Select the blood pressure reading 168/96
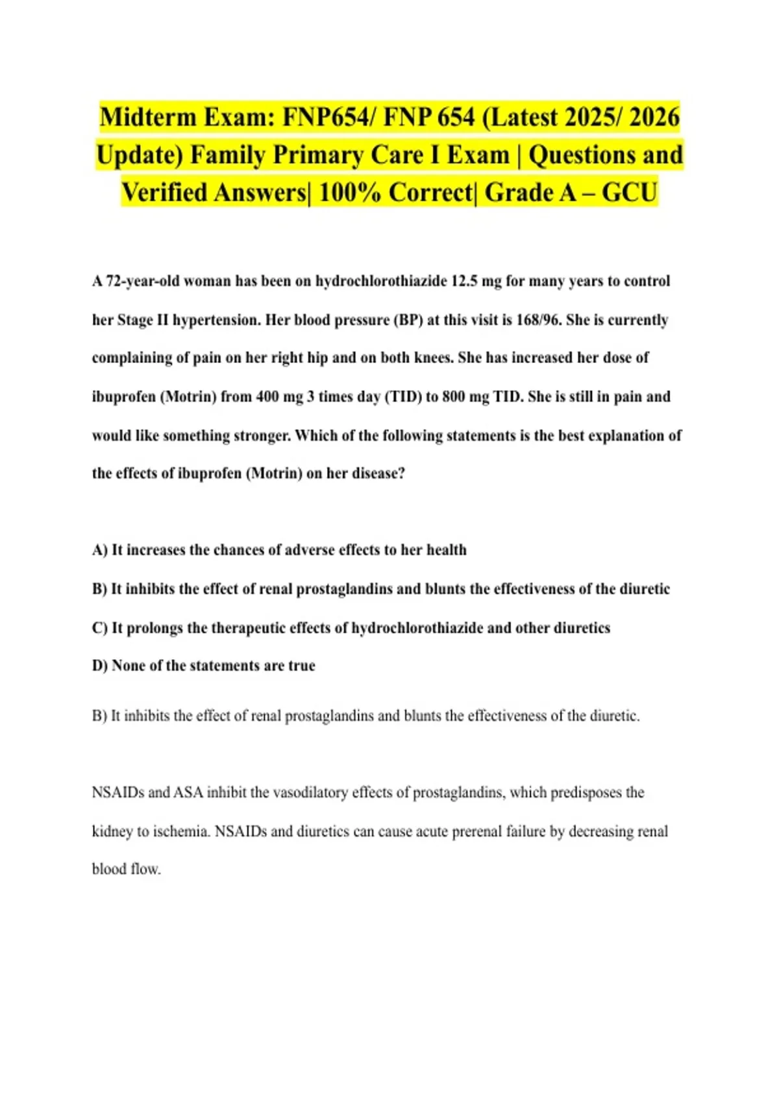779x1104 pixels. pyautogui.click(x=538, y=320)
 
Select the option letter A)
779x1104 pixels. pyautogui.click(x=100, y=550)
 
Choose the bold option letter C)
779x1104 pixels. pyautogui.click(x=100, y=628)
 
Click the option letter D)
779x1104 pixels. pyautogui.click(x=100, y=666)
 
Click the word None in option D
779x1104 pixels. pyautogui.click(x=129, y=666)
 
